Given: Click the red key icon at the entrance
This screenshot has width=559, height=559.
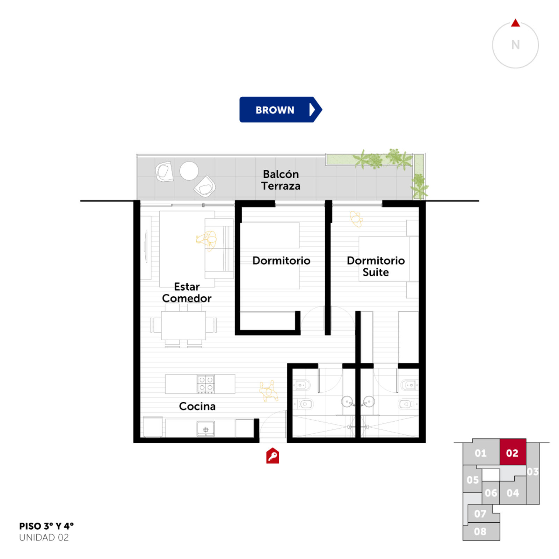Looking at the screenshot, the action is pyautogui.click(x=273, y=456).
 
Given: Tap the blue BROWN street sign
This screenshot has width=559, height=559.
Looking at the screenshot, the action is pyautogui.click(x=281, y=110).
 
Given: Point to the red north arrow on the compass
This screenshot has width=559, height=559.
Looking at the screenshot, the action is pyautogui.click(x=515, y=23).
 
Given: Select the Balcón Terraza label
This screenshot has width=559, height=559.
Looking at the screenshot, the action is pyautogui.click(x=281, y=180).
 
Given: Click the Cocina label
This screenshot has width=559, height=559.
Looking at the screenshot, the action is pyautogui.click(x=197, y=406).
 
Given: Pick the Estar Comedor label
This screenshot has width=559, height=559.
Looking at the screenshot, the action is pyautogui.click(x=187, y=292).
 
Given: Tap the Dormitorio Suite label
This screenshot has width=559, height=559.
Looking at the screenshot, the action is pyautogui.click(x=376, y=266).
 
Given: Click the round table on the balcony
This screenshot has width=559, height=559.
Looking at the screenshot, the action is pyautogui.click(x=189, y=171).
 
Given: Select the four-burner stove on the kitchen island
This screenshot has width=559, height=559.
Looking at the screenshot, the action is pyautogui.click(x=205, y=384).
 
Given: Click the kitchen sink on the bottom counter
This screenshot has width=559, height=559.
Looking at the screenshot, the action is pyautogui.click(x=206, y=429).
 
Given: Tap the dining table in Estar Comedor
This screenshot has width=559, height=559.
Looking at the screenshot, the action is pyautogui.click(x=183, y=325).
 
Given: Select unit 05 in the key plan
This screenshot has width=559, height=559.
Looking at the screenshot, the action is pyautogui.click(x=472, y=480).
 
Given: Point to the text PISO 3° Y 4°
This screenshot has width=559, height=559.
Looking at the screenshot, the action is pyautogui.click(x=46, y=526).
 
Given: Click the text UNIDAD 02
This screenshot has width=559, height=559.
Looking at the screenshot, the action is pyautogui.click(x=44, y=537).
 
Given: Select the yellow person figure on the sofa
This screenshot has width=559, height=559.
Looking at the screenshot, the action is pyautogui.click(x=207, y=240).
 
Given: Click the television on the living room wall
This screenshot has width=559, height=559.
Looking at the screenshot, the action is pyautogui.click(x=146, y=246).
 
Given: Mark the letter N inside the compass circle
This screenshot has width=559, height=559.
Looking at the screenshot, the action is pyautogui.click(x=515, y=45).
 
